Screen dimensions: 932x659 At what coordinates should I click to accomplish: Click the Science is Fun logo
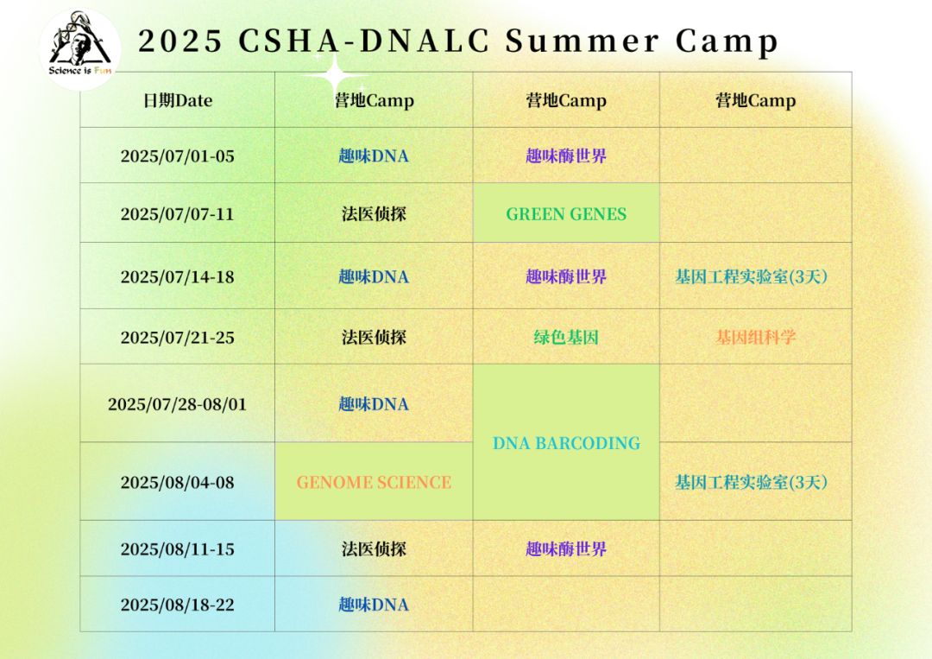coord(79,48)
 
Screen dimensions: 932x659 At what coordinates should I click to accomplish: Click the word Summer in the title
coord(582,41)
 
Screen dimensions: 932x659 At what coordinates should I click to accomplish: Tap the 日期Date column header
coord(178,100)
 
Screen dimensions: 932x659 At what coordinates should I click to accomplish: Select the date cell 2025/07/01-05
coord(178,155)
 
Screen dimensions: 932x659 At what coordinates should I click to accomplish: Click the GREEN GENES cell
coord(566,213)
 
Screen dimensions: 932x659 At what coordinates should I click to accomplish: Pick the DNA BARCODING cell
coord(566,442)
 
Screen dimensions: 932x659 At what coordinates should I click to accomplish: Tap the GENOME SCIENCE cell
coord(374,482)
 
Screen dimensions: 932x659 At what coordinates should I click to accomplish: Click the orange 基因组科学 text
coord(755,337)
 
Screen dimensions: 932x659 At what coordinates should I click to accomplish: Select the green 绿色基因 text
coord(566,337)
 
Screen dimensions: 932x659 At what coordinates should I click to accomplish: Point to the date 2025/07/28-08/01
coord(177,404)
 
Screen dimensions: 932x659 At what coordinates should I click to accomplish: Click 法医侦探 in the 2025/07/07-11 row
coord(374,213)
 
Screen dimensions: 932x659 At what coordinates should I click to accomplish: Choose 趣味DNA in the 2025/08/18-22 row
coord(374,605)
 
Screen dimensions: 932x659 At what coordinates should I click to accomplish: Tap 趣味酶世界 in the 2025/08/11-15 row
coord(566,548)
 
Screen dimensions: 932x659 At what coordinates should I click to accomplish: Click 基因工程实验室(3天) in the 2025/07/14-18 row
coord(752,276)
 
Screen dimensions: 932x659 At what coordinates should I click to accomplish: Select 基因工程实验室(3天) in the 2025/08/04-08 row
coord(752,482)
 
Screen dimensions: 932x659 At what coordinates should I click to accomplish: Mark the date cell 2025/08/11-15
coord(178,549)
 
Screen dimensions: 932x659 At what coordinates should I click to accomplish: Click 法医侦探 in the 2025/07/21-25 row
coord(374,337)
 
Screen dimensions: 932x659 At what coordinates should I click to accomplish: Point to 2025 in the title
coord(180,41)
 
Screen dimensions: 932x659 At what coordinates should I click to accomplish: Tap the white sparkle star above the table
coord(336,75)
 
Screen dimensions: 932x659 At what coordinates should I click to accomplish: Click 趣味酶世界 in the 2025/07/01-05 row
coord(566,155)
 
